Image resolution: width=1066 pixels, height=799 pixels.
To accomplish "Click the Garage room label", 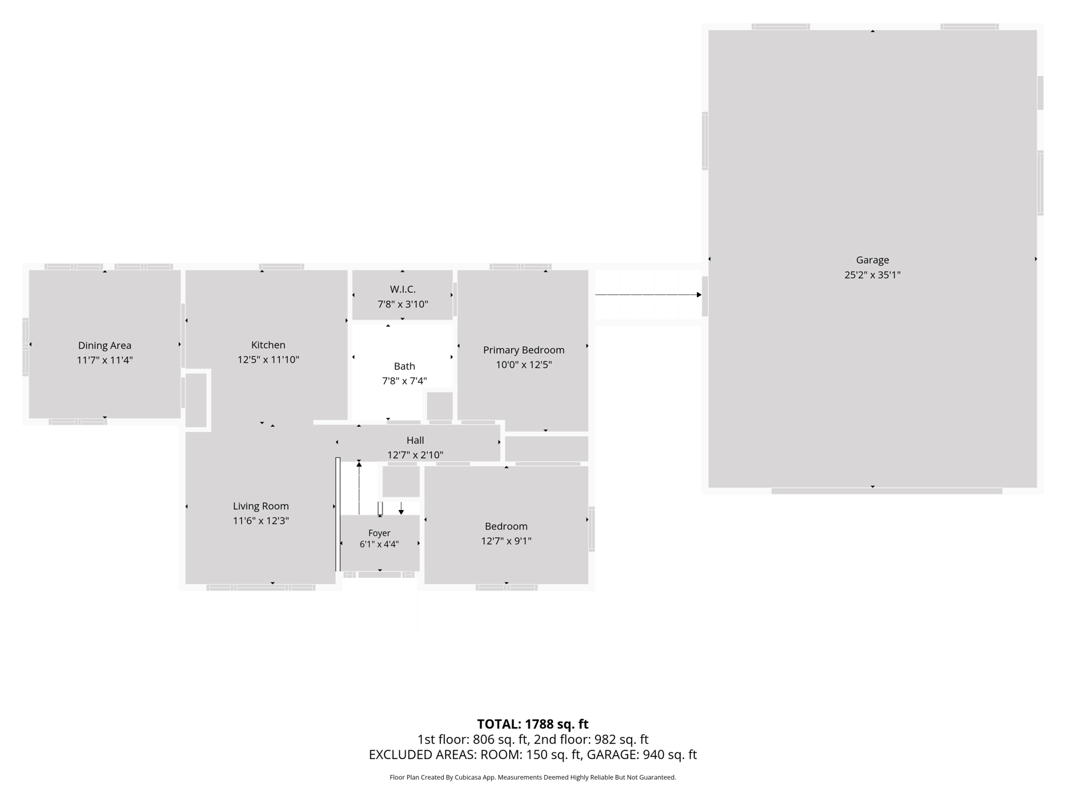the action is point(871,260).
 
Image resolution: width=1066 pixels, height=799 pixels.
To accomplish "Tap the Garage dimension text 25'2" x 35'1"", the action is point(871,275).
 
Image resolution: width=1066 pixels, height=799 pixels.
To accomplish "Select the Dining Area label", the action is point(105,346).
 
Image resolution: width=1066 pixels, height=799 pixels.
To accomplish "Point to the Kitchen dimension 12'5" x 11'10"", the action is point(268,360).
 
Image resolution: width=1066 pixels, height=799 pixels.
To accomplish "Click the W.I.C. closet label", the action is point(402,289).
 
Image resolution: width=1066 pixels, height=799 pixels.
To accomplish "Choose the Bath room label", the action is point(404,366).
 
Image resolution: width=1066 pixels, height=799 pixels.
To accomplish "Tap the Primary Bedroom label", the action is point(524,350).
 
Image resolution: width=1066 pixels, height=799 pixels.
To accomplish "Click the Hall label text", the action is point(415,440).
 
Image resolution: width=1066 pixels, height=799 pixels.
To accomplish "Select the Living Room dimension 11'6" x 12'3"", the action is point(261,521).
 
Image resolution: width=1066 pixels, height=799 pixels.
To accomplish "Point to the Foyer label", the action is point(379,533).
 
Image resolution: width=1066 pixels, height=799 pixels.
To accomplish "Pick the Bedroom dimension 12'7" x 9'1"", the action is point(506,541).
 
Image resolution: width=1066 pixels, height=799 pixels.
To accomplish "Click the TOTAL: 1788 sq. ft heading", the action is point(532,724).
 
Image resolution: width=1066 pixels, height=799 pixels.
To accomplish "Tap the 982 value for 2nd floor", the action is point(605,739).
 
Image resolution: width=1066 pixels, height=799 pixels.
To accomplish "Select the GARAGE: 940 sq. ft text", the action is point(642,754).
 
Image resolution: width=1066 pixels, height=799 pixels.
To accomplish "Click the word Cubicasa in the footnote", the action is point(468,777).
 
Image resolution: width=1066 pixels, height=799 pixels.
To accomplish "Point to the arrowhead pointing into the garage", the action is point(699,294).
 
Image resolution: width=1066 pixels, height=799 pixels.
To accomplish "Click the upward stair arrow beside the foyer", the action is point(359,487).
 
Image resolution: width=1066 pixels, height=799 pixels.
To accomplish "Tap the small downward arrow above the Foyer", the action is point(401,508).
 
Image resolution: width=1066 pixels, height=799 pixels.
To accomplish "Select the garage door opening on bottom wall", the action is point(886,491).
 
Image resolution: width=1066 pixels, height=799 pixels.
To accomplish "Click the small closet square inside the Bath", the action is point(440,405).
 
